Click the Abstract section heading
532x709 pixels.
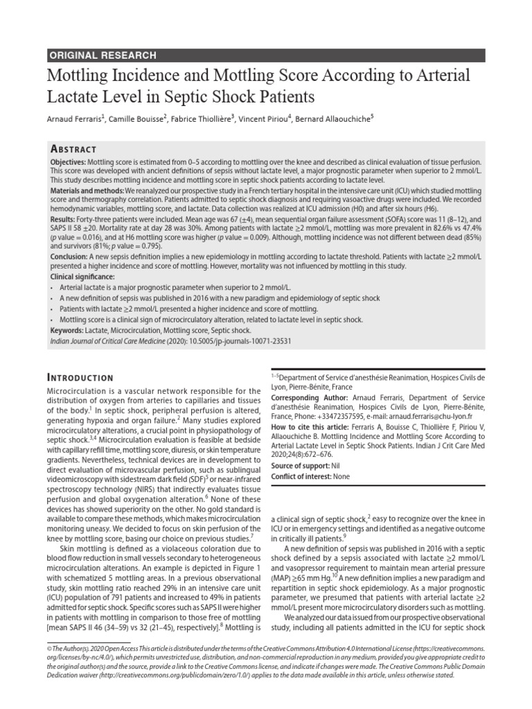pyautogui.click(x=74, y=150)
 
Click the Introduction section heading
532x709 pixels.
pyautogui.click(x=80, y=378)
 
